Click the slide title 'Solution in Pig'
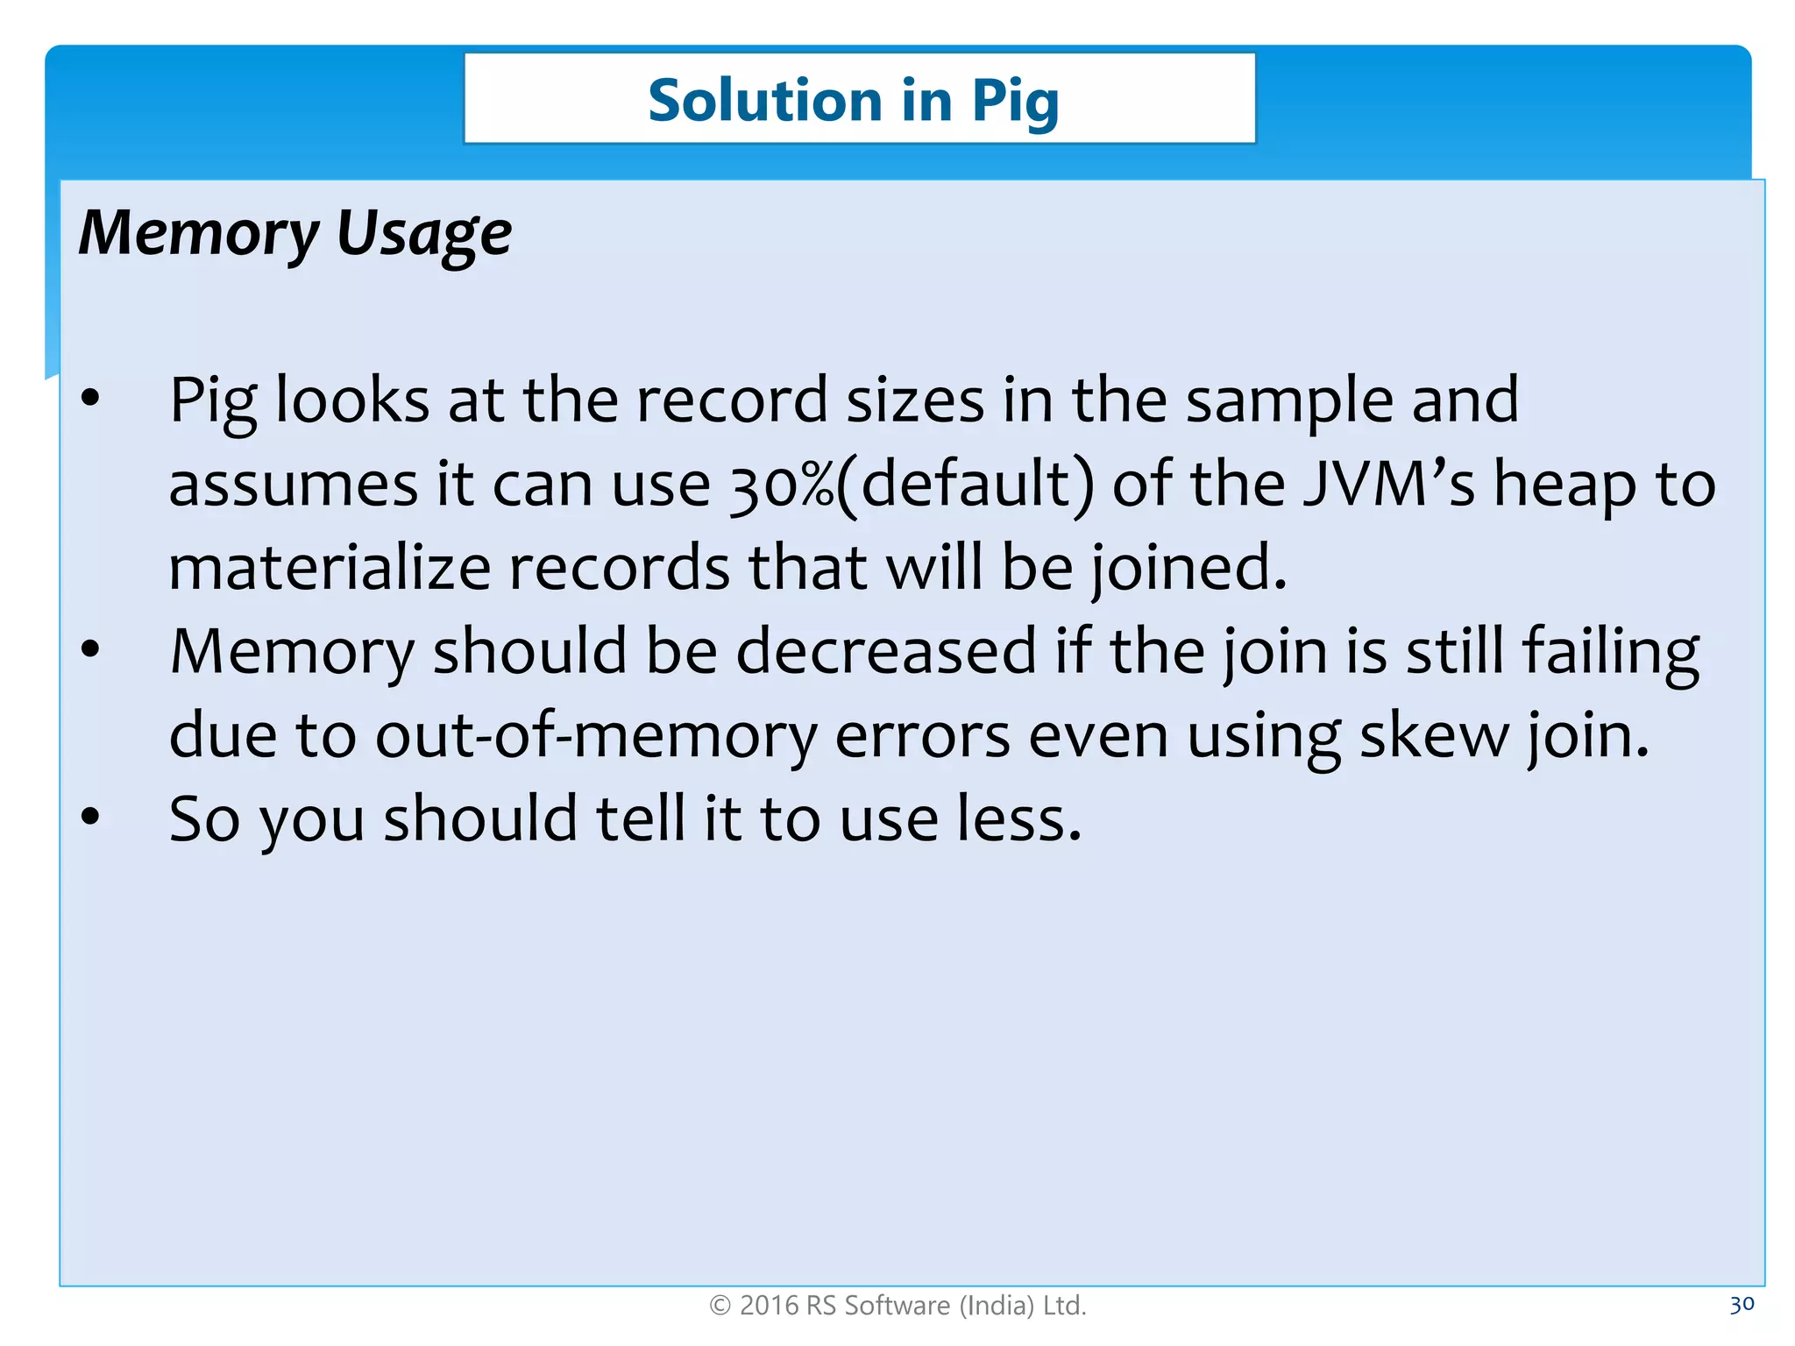853,101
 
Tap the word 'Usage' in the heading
424,235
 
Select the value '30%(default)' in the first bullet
912,485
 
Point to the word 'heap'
1564,485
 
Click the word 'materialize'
329,568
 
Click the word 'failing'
1611,653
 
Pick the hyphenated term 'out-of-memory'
596,736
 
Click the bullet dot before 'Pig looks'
90,399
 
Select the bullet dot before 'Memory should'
90,650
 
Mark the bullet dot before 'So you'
90,818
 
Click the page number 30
1742,1305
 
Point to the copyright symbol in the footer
720,1307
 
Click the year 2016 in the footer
769,1307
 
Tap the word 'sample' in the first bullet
1288,401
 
